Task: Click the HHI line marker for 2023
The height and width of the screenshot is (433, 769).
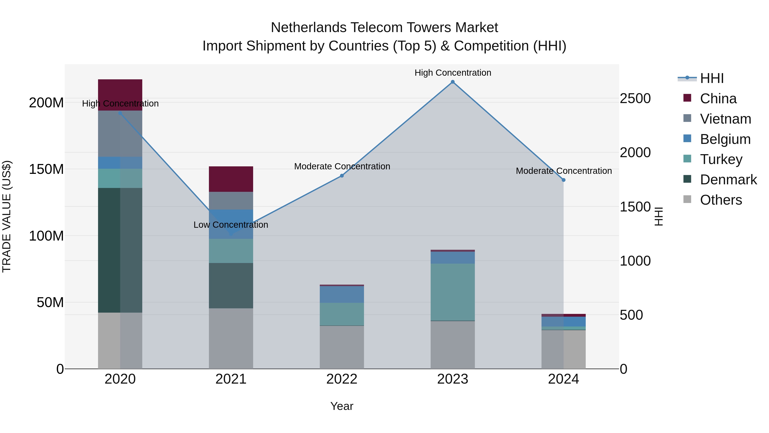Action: click(453, 82)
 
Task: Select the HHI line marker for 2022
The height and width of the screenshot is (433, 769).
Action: click(342, 176)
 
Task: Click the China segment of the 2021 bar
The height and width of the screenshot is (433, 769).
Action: click(231, 179)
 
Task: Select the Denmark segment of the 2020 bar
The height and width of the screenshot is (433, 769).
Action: click(120, 250)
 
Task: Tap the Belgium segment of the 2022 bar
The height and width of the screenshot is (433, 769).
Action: click(342, 294)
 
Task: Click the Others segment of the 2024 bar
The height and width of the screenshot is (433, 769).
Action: click(563, 349)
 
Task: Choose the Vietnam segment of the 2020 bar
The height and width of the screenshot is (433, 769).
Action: click(120, 134)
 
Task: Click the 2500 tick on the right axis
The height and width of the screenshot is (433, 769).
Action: click(635, 99)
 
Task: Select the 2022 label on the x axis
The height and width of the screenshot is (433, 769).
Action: click(342, 379)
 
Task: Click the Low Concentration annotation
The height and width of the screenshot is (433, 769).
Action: click(231, 225)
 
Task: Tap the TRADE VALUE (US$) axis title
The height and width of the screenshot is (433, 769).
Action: click(7, 216)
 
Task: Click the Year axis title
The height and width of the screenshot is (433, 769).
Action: click(342, 406)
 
